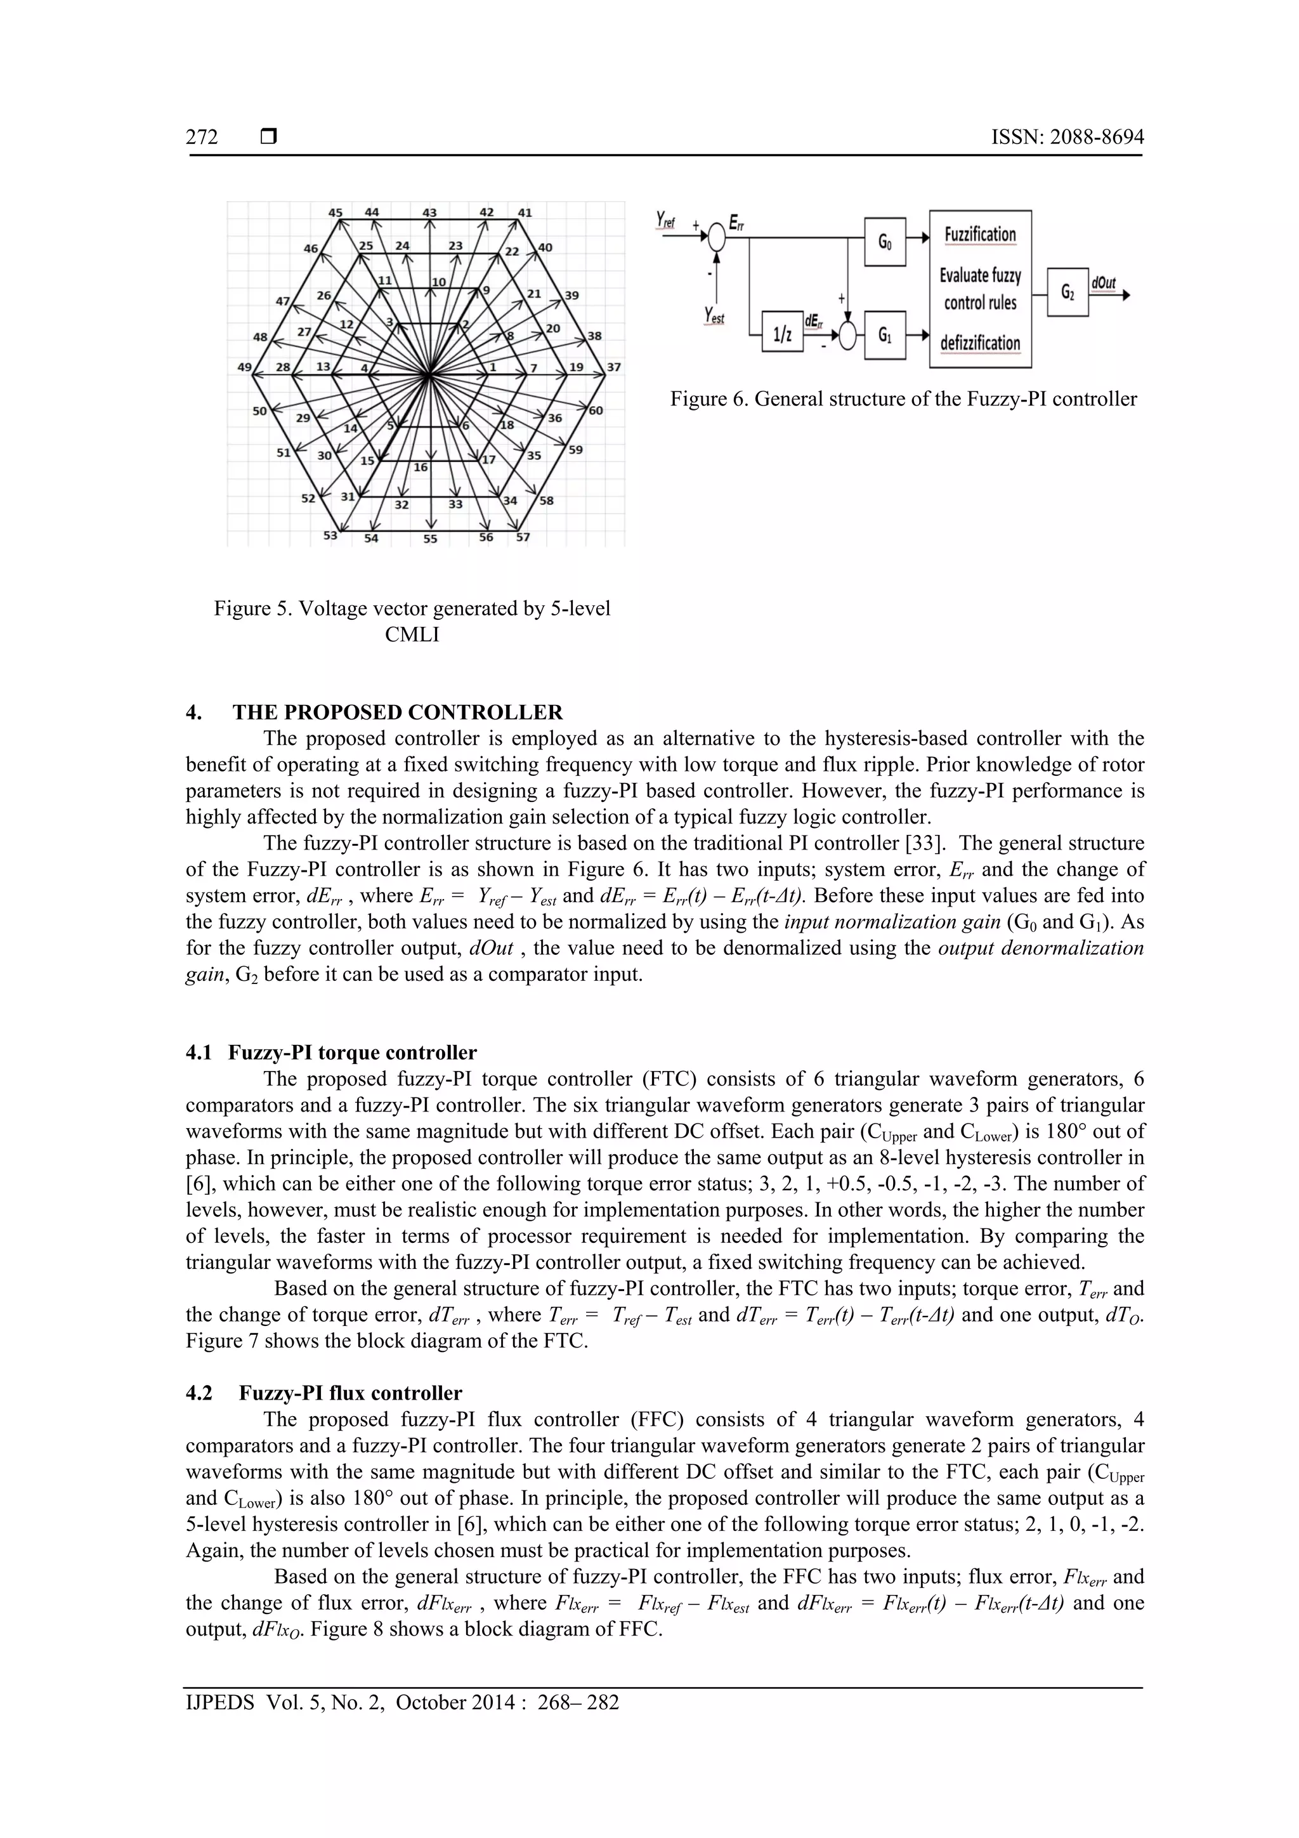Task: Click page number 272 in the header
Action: click(x=202, y=137)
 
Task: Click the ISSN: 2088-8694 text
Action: click(x=1067, y=137)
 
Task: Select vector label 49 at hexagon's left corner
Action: click(x=245, y=367)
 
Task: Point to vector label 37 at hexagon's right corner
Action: click(x=614, y=367)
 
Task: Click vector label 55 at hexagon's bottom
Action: click(x=431, y=539)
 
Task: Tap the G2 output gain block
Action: click(x=1067, y=292)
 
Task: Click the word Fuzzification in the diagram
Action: click(x=980, y=235)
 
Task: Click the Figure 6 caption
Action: click(x=903, y=398)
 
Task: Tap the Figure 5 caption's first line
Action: click(x=412, y=609)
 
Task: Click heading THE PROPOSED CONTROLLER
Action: click(x=397, y=712)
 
